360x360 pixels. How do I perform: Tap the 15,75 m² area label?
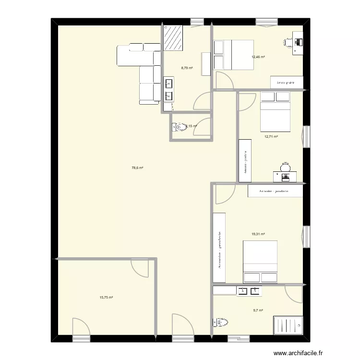click(x=106, y=298)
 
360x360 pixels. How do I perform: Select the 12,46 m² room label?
click(x=258, y=57)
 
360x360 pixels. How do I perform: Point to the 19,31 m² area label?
click(x=258, y=234)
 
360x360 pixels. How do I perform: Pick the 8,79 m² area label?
click(x=187, y=68)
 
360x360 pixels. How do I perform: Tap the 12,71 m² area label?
click(x=272, y=136)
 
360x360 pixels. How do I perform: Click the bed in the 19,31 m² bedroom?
click(x=260, y=262)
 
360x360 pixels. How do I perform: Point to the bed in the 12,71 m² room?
click(x=275, y=112)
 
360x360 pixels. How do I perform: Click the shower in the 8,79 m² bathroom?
click(x=174, y=37)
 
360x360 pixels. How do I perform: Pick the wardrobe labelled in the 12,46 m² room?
click(x=286, y=83)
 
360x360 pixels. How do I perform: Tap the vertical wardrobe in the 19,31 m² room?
click(x=219, y=247)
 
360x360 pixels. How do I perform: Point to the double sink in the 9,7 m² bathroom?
click(x=250, y=290)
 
